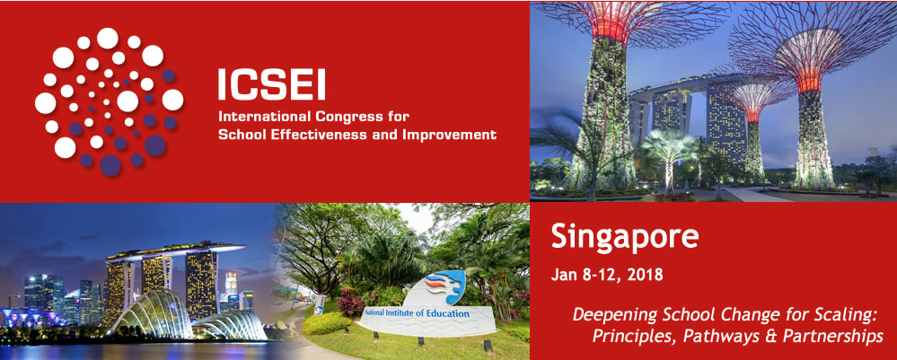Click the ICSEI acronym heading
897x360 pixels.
[x=272, y=84]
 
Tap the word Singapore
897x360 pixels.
[x=625, y=238]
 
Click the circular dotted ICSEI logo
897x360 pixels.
[x=109, y=101]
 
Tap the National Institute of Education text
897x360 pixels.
[x=417, y=313]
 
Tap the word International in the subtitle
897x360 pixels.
[x=264, y=118]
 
